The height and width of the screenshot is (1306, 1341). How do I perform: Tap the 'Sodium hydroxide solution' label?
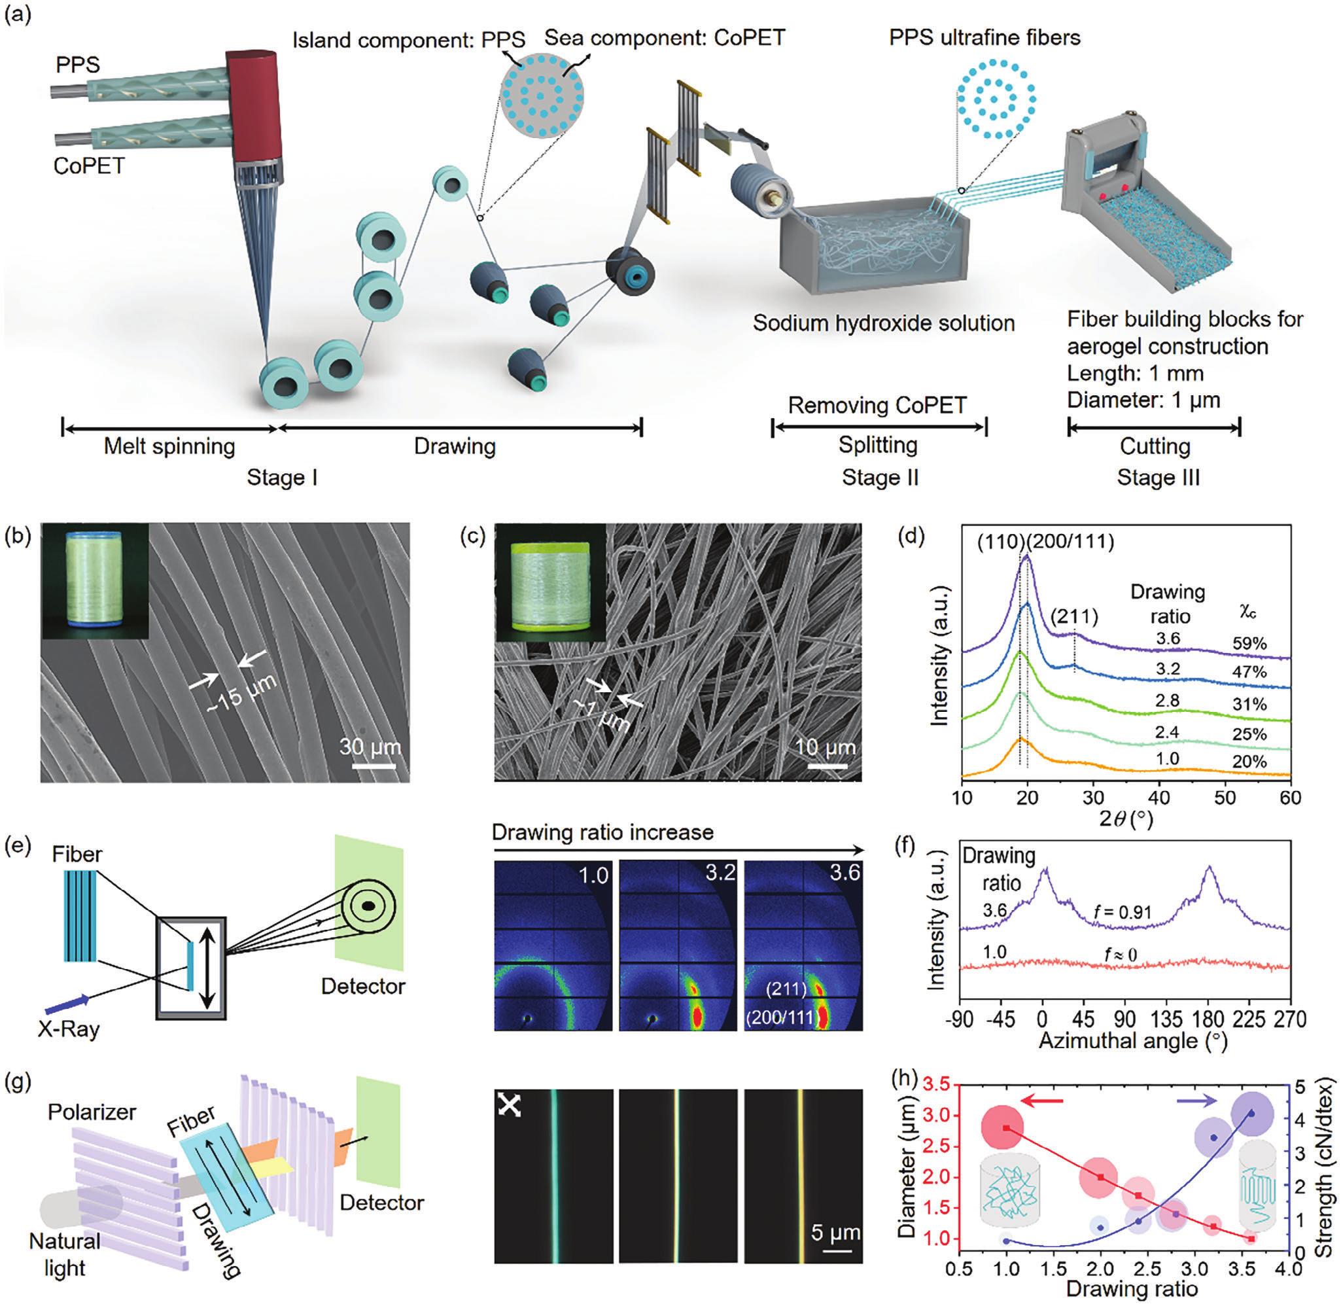pos(883,323)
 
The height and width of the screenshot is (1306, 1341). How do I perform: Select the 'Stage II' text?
pos(880,478)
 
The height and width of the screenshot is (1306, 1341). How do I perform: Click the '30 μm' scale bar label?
pos(370,747)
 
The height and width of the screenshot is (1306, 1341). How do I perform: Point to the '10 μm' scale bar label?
pos(825,747)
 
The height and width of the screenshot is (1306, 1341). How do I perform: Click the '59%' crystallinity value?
pos(1249,643)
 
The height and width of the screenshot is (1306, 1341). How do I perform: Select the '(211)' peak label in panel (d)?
pos(1073,617)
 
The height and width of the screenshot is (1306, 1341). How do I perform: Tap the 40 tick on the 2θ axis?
pos(1158,798)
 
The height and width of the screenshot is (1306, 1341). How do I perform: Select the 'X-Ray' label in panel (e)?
pos(70,1029)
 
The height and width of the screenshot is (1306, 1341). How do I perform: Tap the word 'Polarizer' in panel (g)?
pos(92,1111)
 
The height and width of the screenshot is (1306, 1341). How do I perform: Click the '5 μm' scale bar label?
pos(835,1232)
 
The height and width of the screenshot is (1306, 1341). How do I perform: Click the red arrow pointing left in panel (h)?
pos(1041,1101)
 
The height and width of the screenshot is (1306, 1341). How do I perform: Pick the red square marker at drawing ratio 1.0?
pos(1007,1147)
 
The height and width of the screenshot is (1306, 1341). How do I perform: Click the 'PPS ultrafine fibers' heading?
pos(984,37)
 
